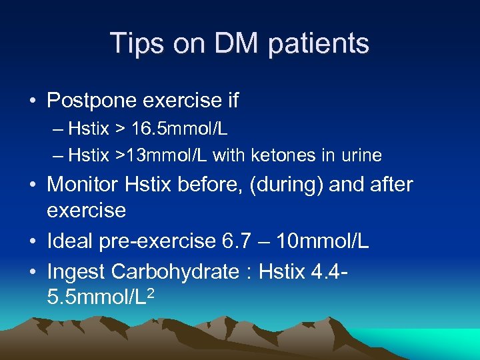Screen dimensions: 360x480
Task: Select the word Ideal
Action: [71, 241]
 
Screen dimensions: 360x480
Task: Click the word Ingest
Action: [76, 271]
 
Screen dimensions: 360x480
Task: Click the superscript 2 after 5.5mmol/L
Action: [151, 291]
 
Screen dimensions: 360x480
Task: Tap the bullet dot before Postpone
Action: [31, 102]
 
